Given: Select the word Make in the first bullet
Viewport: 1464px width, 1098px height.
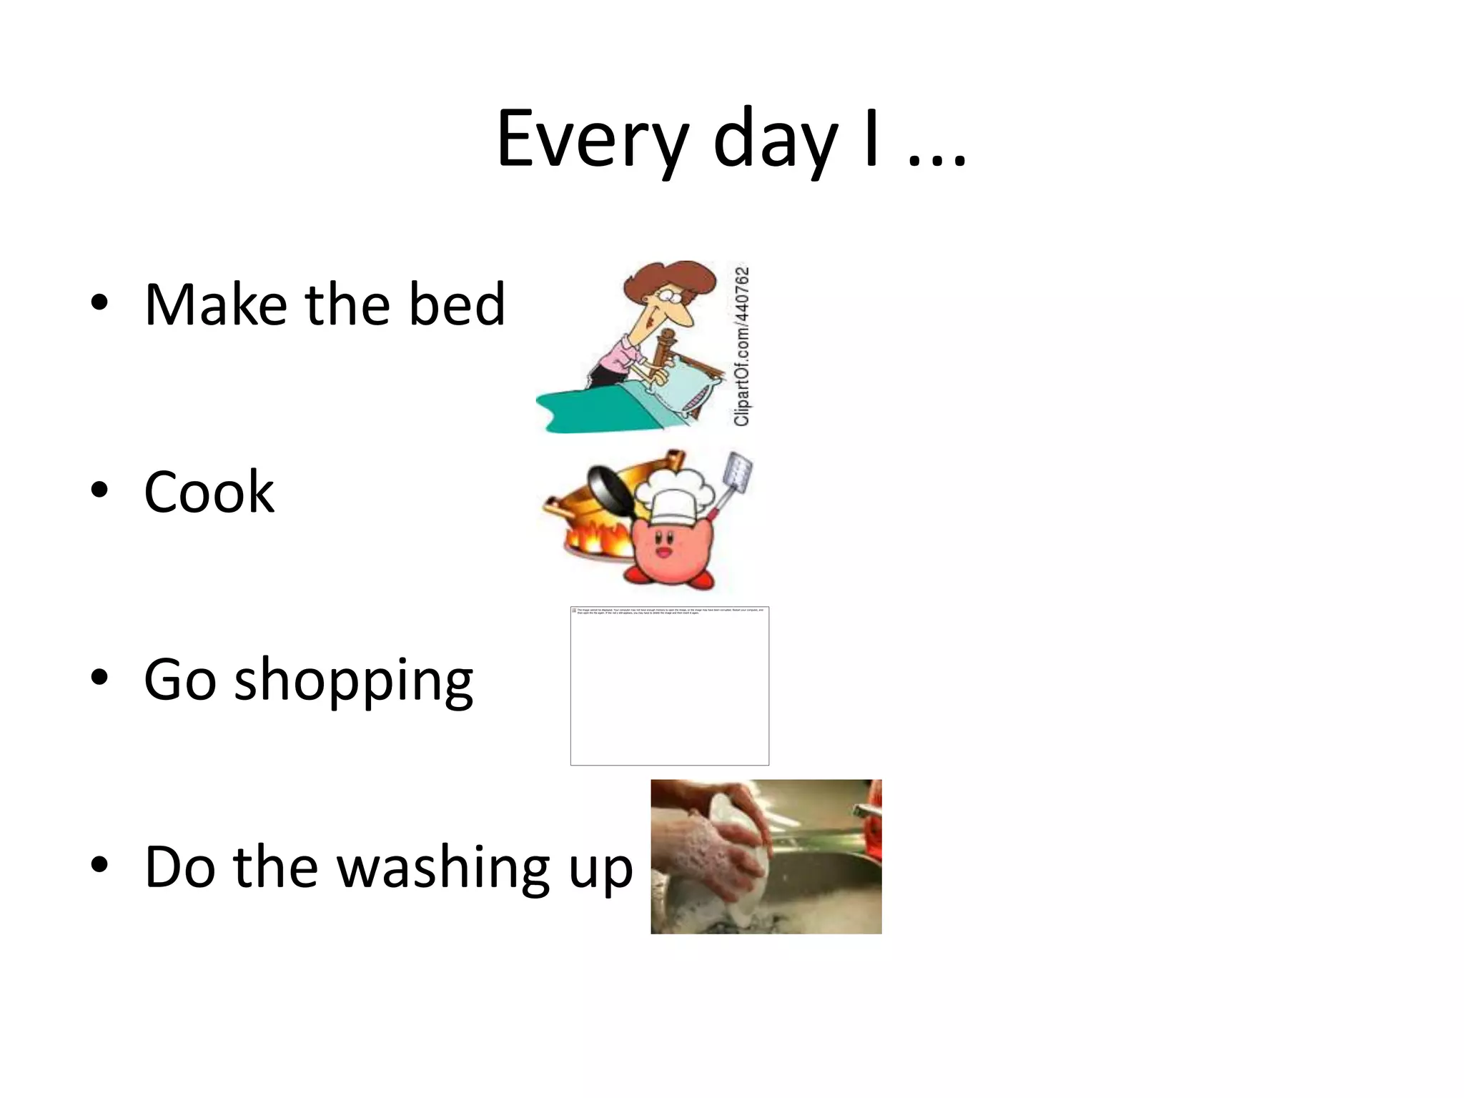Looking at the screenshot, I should pyautogui.click(x=215, y=304).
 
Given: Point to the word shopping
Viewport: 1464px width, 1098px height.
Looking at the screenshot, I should pyautogui.click(x=353, y=681).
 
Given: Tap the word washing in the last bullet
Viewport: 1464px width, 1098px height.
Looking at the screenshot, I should pyautogui.click(x=443, y=867).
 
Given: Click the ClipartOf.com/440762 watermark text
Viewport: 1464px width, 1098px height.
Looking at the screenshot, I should pyautogui.click(x=742, y=346).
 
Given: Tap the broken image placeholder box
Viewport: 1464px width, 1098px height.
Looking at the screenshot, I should pyautogui.click(x=669, y=686).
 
